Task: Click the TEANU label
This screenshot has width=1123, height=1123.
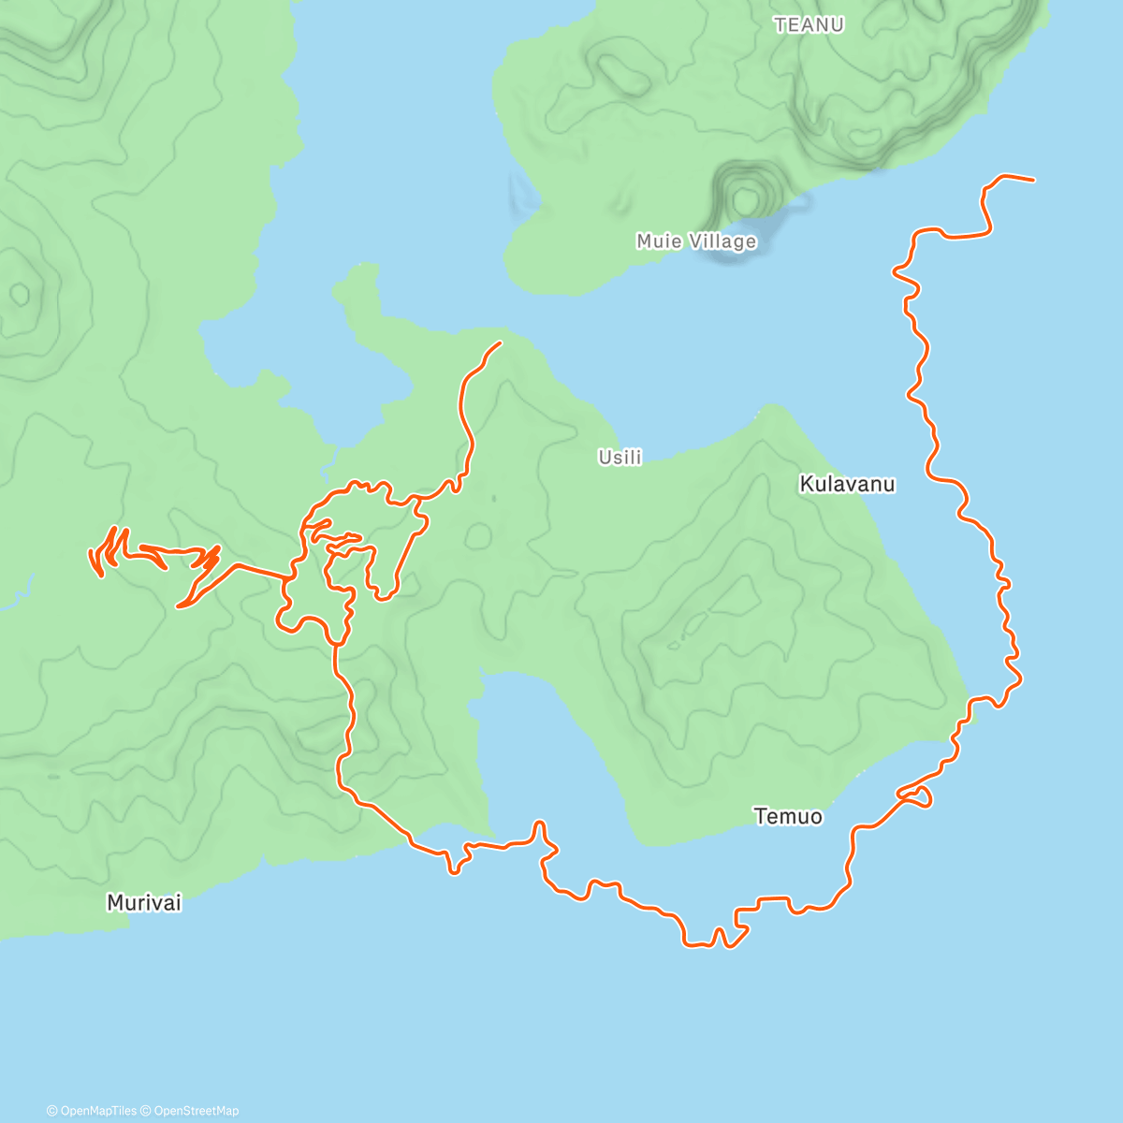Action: click(809, 25)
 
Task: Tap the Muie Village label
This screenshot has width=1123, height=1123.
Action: click(696, 241)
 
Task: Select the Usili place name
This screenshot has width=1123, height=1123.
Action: click(620, 458)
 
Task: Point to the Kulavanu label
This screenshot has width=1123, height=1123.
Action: click(846, 484)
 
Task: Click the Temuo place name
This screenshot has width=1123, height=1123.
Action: click(788, 817)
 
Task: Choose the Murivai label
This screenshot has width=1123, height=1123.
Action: click(143, 903)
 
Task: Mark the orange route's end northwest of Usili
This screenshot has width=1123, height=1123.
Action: click(500, 343)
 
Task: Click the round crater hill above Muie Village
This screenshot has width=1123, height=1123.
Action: click(745, 198)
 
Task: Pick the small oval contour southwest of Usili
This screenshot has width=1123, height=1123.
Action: click(478, 536)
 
